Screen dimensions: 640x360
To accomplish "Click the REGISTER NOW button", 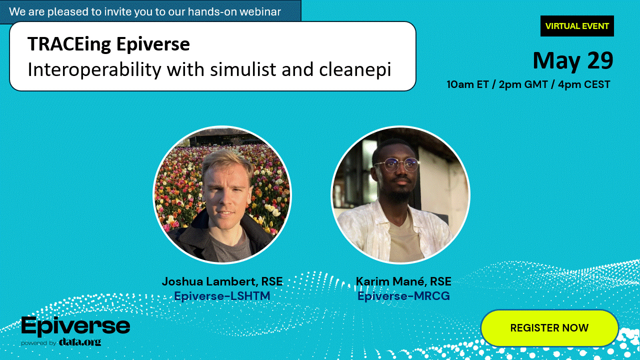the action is [x=549, y=327].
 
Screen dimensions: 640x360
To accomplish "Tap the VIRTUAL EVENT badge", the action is [x=577, y=26].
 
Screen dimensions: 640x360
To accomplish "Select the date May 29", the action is [x=573, y=60].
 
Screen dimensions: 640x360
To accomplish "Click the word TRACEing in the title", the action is [x=69, y=44].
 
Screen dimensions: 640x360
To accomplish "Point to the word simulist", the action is [x=243, y=69].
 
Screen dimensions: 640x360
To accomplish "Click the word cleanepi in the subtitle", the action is [x=355, y=70].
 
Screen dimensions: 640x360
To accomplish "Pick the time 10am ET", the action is [x=467, y=84].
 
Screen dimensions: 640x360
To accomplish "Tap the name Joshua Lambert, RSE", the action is [x=222, y=281].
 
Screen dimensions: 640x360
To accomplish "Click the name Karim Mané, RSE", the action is [x=403, y=281].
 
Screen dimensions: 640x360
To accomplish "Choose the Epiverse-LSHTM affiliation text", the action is [x=222, y=295].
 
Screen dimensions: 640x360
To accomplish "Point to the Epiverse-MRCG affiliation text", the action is [x=403, y=295].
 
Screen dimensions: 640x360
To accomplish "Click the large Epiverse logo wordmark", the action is [x=75, y=326].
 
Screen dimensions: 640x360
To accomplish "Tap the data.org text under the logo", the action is [x=80, y=341].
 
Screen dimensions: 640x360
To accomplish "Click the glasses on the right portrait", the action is [x=397, y=165].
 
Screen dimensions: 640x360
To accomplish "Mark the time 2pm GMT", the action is [x=523, y=84].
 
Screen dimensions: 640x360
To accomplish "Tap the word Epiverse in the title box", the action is [x=153, y=44].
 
